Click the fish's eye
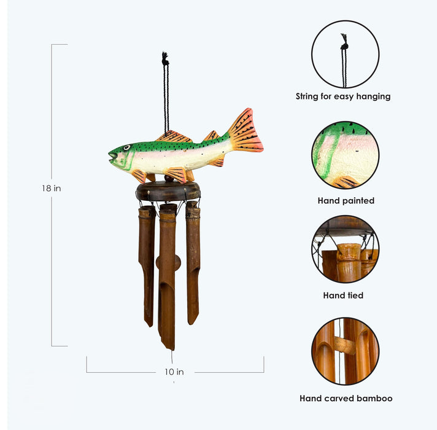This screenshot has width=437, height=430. tap(127, 147)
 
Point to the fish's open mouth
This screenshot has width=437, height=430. tap(112, 156)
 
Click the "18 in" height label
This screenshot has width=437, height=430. tap(52, 189)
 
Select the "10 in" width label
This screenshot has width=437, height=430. tap(174, 372)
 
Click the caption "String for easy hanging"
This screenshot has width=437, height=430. tap(343, 96)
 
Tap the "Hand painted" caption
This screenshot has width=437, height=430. tap(346, 201)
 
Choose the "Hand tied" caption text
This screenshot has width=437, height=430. tap(343, 295)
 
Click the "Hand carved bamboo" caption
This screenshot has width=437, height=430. tap(346, 398)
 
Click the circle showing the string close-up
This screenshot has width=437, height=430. tap(345, 54)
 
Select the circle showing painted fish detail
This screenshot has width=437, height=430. tap(345, 155)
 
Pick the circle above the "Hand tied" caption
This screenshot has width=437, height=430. tap(345, 249)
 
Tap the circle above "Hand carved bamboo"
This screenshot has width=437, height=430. tap(345, 351)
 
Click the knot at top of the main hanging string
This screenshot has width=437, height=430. tap(165, 59)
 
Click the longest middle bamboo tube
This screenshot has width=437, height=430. tap(168, 276)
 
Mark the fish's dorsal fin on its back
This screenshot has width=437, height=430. tap(174, 136)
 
